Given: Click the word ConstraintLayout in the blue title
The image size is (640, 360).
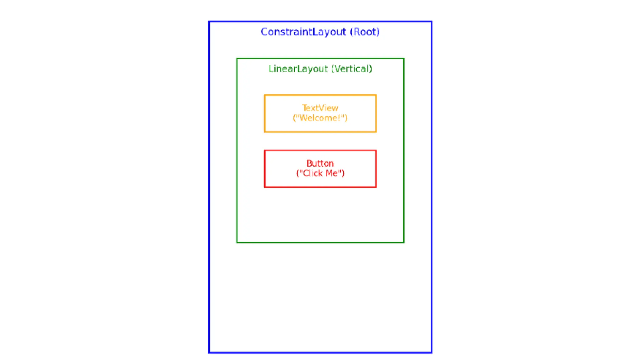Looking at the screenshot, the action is coord(303,32).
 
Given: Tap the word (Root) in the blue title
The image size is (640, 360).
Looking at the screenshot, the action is coord(365,32).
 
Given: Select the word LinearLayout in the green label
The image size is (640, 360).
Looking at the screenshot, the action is coord(298,69).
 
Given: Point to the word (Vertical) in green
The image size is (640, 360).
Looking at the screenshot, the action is coord(352,69).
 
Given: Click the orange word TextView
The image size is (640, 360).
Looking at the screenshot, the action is coord(320,108).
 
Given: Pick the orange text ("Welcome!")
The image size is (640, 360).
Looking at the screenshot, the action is coord(320,118).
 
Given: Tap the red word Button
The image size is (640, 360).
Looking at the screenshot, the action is coord(320,163).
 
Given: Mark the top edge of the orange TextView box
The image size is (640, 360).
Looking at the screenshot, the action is coord(320,95).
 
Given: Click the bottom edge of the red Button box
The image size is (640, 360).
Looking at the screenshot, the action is coord(320,187).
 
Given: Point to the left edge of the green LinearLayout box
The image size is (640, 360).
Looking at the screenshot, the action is coord(237,150).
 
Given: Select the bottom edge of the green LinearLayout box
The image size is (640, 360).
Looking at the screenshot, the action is coord(320,242).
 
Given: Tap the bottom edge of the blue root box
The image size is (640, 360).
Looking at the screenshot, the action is coord(320,352).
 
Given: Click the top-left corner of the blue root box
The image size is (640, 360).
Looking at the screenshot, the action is coord(209,22).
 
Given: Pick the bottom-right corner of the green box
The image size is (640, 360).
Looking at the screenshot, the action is coord(404,242).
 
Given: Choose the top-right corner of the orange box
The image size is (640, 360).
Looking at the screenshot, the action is coord(376,95).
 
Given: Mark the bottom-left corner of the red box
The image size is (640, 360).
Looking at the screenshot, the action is coord(265,187).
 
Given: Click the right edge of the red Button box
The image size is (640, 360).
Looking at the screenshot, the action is coord(376,169).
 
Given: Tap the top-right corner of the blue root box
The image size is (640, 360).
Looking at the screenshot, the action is coord(432,22).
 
